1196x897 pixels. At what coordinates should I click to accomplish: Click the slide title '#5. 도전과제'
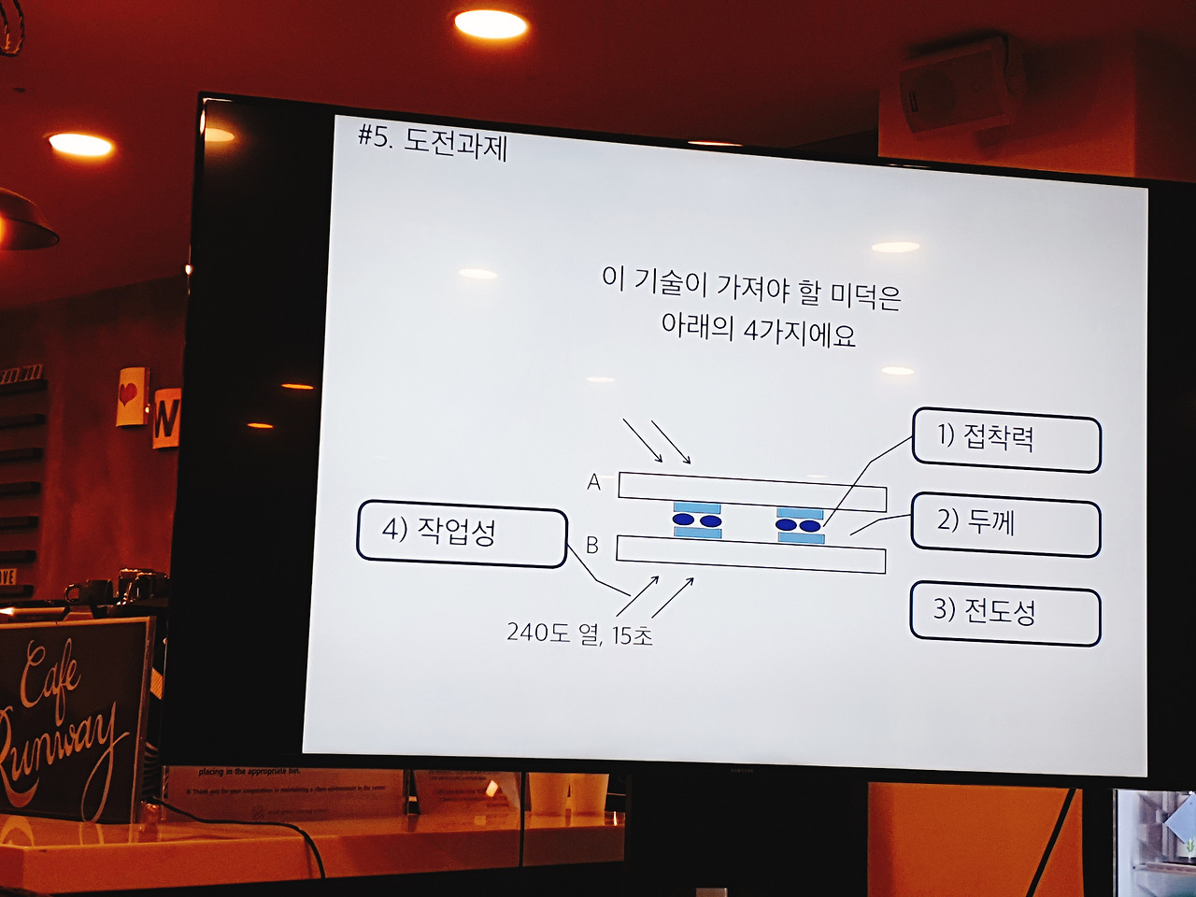click(433, 142)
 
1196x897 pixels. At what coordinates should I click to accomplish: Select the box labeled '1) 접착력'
click(1005, 439)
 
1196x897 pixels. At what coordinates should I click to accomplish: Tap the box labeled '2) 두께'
click(1004, 527)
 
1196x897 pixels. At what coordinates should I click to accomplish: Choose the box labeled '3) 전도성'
click(1004, 615)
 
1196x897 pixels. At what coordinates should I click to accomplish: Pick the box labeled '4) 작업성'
click(462, 535)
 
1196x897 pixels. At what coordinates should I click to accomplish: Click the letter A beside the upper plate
click(593, 482)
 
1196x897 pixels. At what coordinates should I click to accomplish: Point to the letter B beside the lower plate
click(591, 545)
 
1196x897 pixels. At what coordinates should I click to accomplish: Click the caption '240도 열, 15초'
click(579, 634)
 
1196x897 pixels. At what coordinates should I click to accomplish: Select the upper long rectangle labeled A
click(752, 491)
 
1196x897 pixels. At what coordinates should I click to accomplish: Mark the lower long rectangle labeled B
click(750, 553)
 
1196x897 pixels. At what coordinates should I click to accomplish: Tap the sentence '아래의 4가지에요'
click(758, 331)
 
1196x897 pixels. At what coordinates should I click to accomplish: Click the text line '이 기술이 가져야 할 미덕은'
click(751, 288)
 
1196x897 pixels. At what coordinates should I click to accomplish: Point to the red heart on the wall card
click(129, 394)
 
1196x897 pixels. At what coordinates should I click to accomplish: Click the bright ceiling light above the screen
click(491, 24)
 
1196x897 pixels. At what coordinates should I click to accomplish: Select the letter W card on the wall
click(165, 418)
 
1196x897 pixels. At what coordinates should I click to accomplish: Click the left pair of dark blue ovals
click(697, 520)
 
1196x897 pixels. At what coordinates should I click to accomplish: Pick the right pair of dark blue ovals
click(799, 525)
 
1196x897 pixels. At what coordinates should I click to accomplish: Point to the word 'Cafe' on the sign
click(51, 677)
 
